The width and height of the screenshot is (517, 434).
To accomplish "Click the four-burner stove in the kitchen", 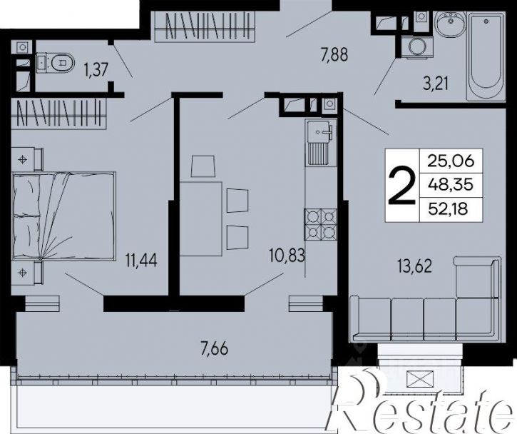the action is pyautogui.click(x=320, y=223).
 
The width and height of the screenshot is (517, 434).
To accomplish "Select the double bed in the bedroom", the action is pyautogui.click(x=64, y=216).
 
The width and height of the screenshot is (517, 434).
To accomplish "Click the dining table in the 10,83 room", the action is pyautogui.click(x=201, y=219).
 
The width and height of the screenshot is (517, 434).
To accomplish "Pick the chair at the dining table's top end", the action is pyautogui.click(x=203, y=166).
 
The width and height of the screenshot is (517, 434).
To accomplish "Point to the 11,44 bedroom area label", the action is pyautogui.click(x=141, y=260).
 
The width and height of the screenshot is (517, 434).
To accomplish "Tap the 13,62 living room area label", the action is pyautogui.click(x=415, y=266).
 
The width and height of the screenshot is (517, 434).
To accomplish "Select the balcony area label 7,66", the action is pyautogui.click(x=215, y=348).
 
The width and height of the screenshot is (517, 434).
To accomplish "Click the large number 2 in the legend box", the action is pyautogui.click(x=401, y=186).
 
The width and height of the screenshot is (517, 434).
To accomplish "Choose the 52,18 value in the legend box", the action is pyautogui.click(x=448, y=208).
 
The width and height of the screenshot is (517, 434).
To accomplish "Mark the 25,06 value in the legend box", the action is pyautogui.click(x=451, y=161).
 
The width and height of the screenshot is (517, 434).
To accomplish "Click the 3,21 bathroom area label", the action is pyautogui.click(x=436, y=84).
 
